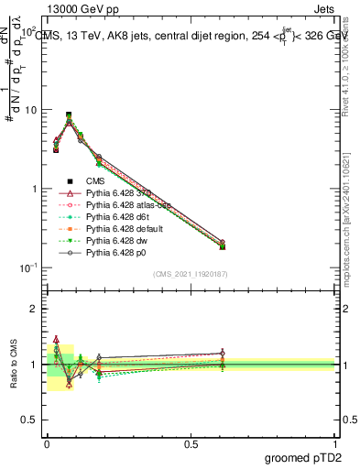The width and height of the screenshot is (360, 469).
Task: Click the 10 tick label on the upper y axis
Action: click(30, 110)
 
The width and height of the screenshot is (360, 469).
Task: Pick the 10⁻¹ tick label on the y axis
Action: click(27, 268)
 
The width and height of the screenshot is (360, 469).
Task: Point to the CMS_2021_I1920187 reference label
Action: click(191, 274)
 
